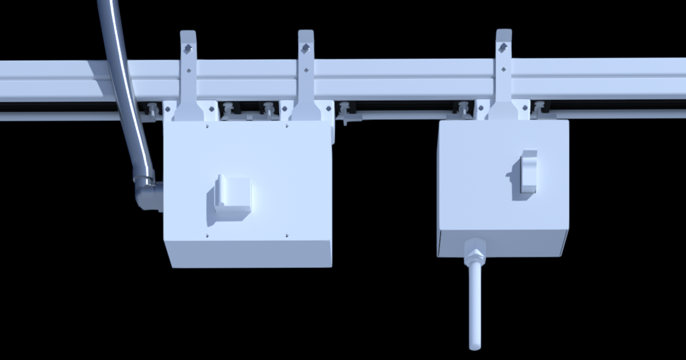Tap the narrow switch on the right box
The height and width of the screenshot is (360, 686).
pyautogui.click(x=528, y=171)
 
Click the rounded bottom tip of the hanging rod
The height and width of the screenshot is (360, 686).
pyautogui.click(x=475, y=345)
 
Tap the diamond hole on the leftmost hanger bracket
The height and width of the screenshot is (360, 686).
pyautogui.click(x=188, y=49)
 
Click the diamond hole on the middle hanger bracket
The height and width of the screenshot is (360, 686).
pyautogui.click(x=306, y=49)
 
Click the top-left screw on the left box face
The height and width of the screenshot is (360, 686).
pyautogui.click(x=207, y=126)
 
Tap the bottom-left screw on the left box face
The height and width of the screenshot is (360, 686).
pyautogui.click(x=207, y=236)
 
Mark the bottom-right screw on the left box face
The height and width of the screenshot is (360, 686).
pyautogui.click(x=287, y=236)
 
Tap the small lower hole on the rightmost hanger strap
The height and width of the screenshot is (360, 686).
pyautogui.click(x=504, y=69)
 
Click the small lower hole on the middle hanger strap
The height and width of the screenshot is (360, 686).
pyautogui.click(x=306, y=70)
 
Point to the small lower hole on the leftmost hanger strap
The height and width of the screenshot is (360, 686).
pyautogui.click(x=188, y=70)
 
